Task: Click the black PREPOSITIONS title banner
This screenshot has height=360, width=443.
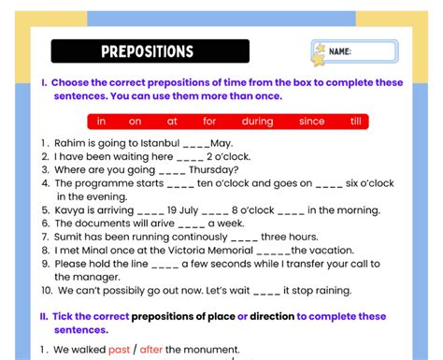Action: pos(150,51)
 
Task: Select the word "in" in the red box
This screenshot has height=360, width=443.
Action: pos(101,121)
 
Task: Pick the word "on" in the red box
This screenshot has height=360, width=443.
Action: pos(135,121)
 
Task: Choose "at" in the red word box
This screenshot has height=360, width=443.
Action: pos(172,121)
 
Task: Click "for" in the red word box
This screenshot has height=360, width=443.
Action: pos(209,121)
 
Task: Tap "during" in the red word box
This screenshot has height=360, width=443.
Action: pos(256,121)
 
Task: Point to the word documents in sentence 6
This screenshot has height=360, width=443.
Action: pos(107,223)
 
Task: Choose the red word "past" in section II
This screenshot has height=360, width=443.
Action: pos(119,350)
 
